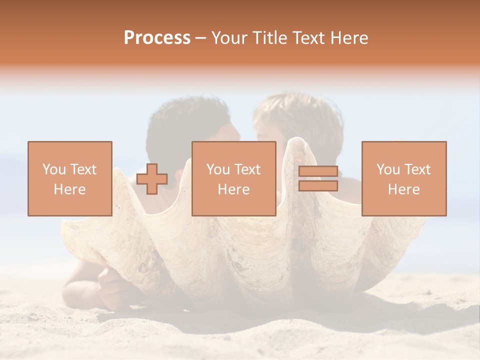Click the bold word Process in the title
tap(157, 38)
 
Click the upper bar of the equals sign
tap(318, 171)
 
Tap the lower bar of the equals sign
tap(318, 186)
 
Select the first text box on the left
tap(70, 178)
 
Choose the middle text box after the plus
tap(234, 178)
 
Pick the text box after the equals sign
tap(404, 178)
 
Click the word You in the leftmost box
tap(54, 169)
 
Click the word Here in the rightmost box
tap(404, 189)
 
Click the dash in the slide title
tap(201, 38)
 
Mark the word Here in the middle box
tap(234, 189)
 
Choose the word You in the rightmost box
tap(388, 169)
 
